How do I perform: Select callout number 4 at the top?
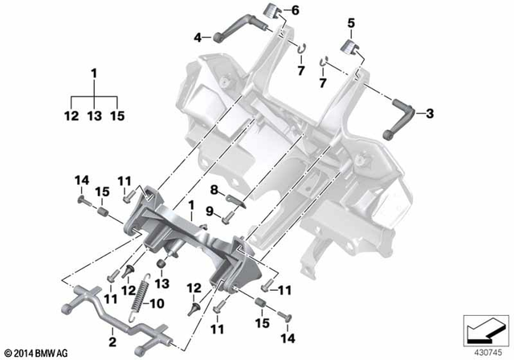[x=197, y=35]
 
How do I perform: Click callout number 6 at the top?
[x=294, y=10]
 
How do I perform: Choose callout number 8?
[x=214, y=190]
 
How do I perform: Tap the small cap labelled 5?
[x=351, y=45]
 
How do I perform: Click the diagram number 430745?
[x=485, y=352]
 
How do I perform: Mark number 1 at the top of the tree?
[x=95, y=74]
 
